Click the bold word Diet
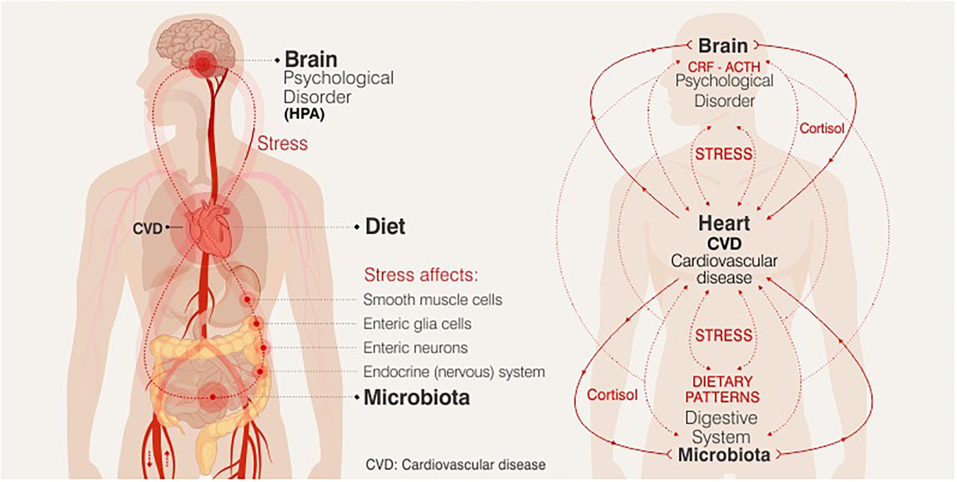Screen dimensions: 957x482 pos(385,227)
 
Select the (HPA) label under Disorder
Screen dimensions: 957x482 pos(304,115)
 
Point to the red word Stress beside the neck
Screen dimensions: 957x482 pos(282,143)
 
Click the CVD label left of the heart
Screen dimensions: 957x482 pos(147,229)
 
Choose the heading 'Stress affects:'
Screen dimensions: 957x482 pos(420,275)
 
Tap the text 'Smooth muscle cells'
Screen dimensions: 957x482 pos(433,299)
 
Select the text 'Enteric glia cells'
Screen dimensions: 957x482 pos(417,323)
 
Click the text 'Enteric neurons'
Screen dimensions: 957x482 pos(416,347)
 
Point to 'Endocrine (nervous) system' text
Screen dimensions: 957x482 pos(454,372)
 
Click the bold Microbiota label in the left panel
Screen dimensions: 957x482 pos(417,397)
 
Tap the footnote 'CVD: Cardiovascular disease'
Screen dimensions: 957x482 pos(455,464)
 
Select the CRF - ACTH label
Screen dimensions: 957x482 pos(724,67)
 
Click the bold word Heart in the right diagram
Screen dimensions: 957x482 pos(724,223)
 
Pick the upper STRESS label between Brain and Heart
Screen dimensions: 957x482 pos(724,154)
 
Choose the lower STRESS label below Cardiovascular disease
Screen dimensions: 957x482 pos(724,335)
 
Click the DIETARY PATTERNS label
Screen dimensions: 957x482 pos(723,389)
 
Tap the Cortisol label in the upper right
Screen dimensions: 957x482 pos(822,128)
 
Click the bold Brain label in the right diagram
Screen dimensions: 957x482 pos(723,46)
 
